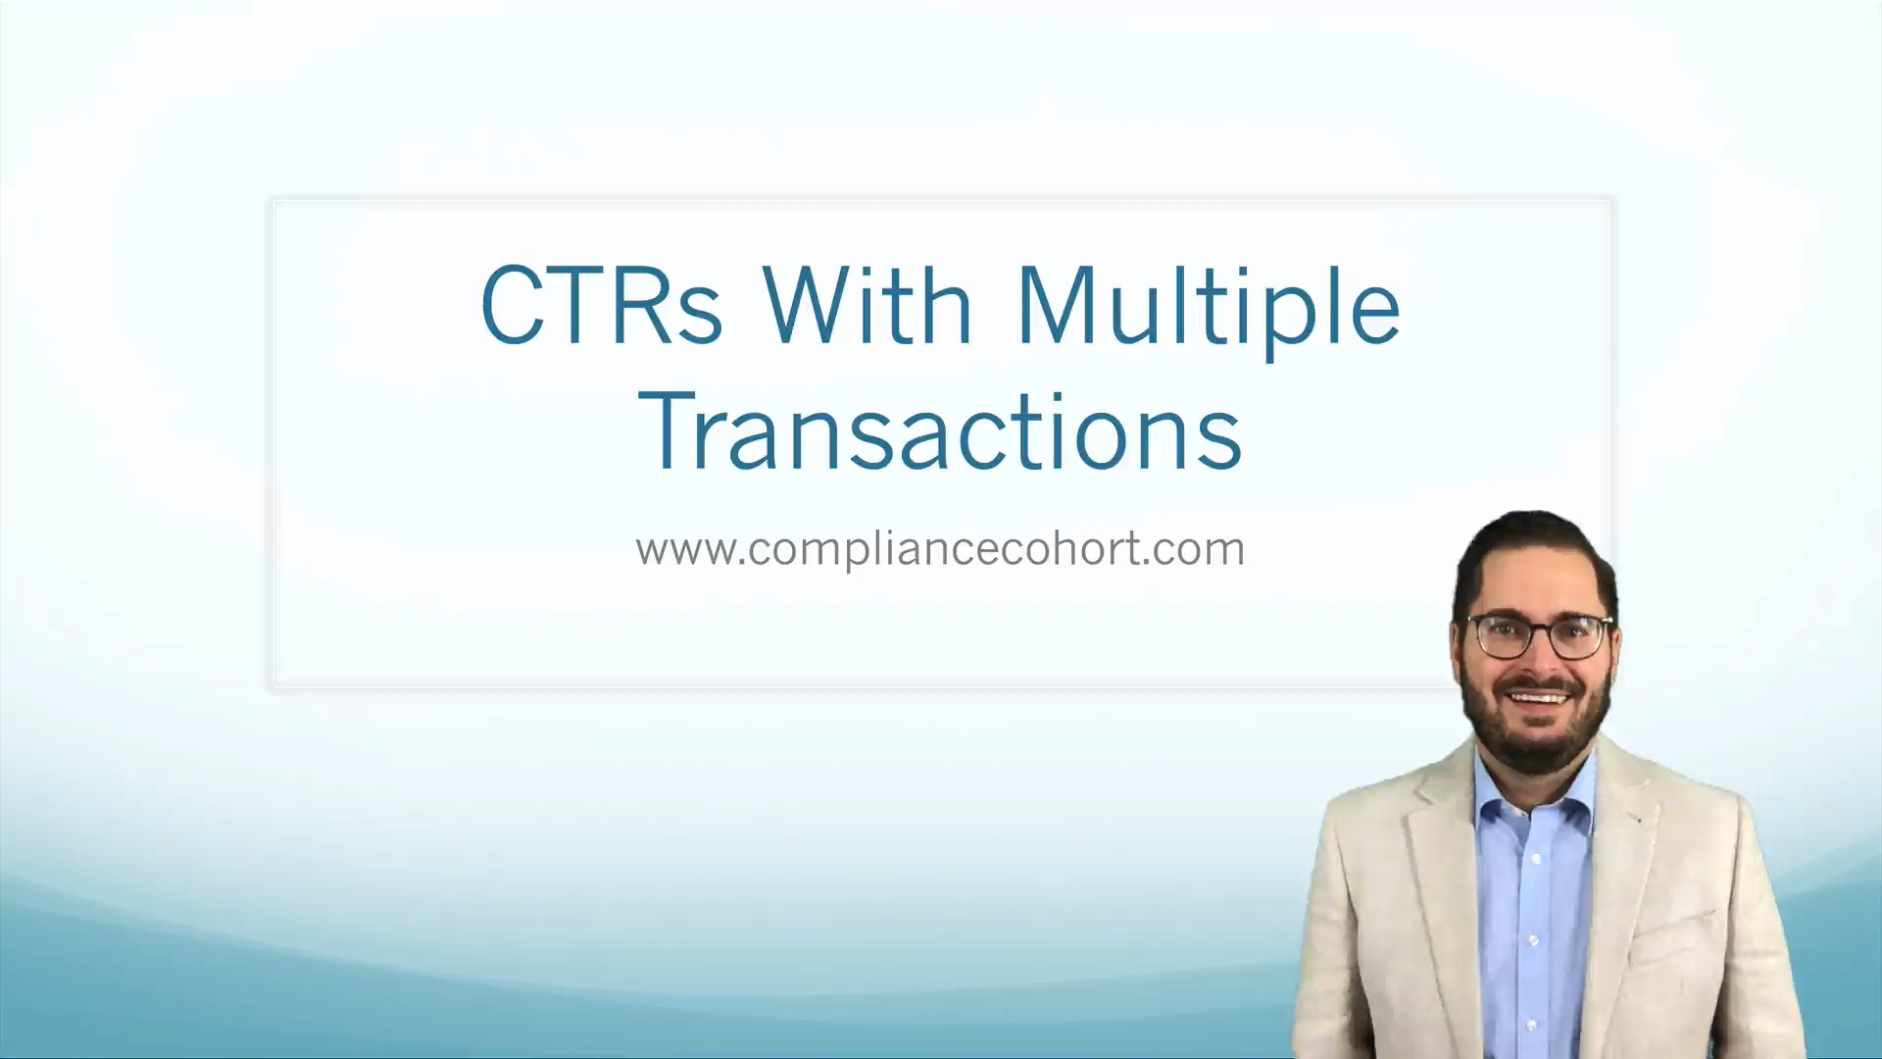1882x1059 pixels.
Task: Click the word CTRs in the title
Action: (x=601, y=305)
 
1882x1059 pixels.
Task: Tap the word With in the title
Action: (x=867, y=305)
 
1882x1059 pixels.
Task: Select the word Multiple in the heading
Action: (x=1208, y=307)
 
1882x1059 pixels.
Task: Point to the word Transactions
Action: (x=940, y=432)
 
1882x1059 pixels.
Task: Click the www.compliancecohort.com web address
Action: (x=940, y=549)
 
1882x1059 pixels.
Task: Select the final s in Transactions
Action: (x=1222, y=442)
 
